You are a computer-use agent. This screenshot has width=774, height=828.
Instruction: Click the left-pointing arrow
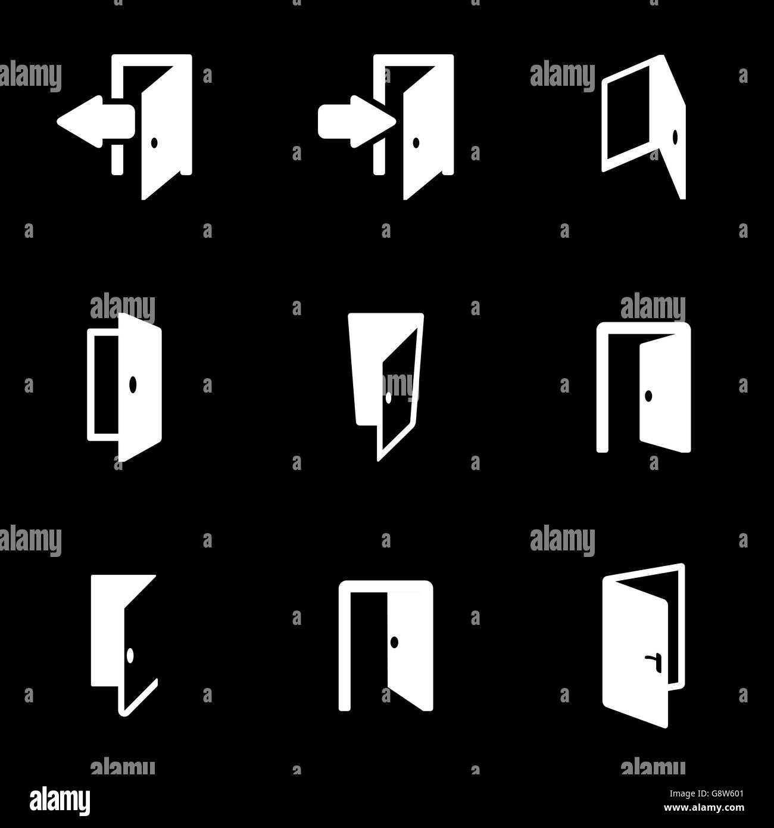coord(95,122)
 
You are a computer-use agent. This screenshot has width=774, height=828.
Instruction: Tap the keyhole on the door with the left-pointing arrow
coord(155,142)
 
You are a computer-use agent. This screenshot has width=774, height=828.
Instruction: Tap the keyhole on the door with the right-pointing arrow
coord(416,142)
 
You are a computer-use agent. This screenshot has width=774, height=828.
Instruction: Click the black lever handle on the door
coord(652,659)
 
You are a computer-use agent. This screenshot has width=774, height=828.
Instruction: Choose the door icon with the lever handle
coord(643,646)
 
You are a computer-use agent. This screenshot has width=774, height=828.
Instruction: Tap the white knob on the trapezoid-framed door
coord(388,398)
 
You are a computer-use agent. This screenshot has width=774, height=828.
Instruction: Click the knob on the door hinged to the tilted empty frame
coord(675,138)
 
